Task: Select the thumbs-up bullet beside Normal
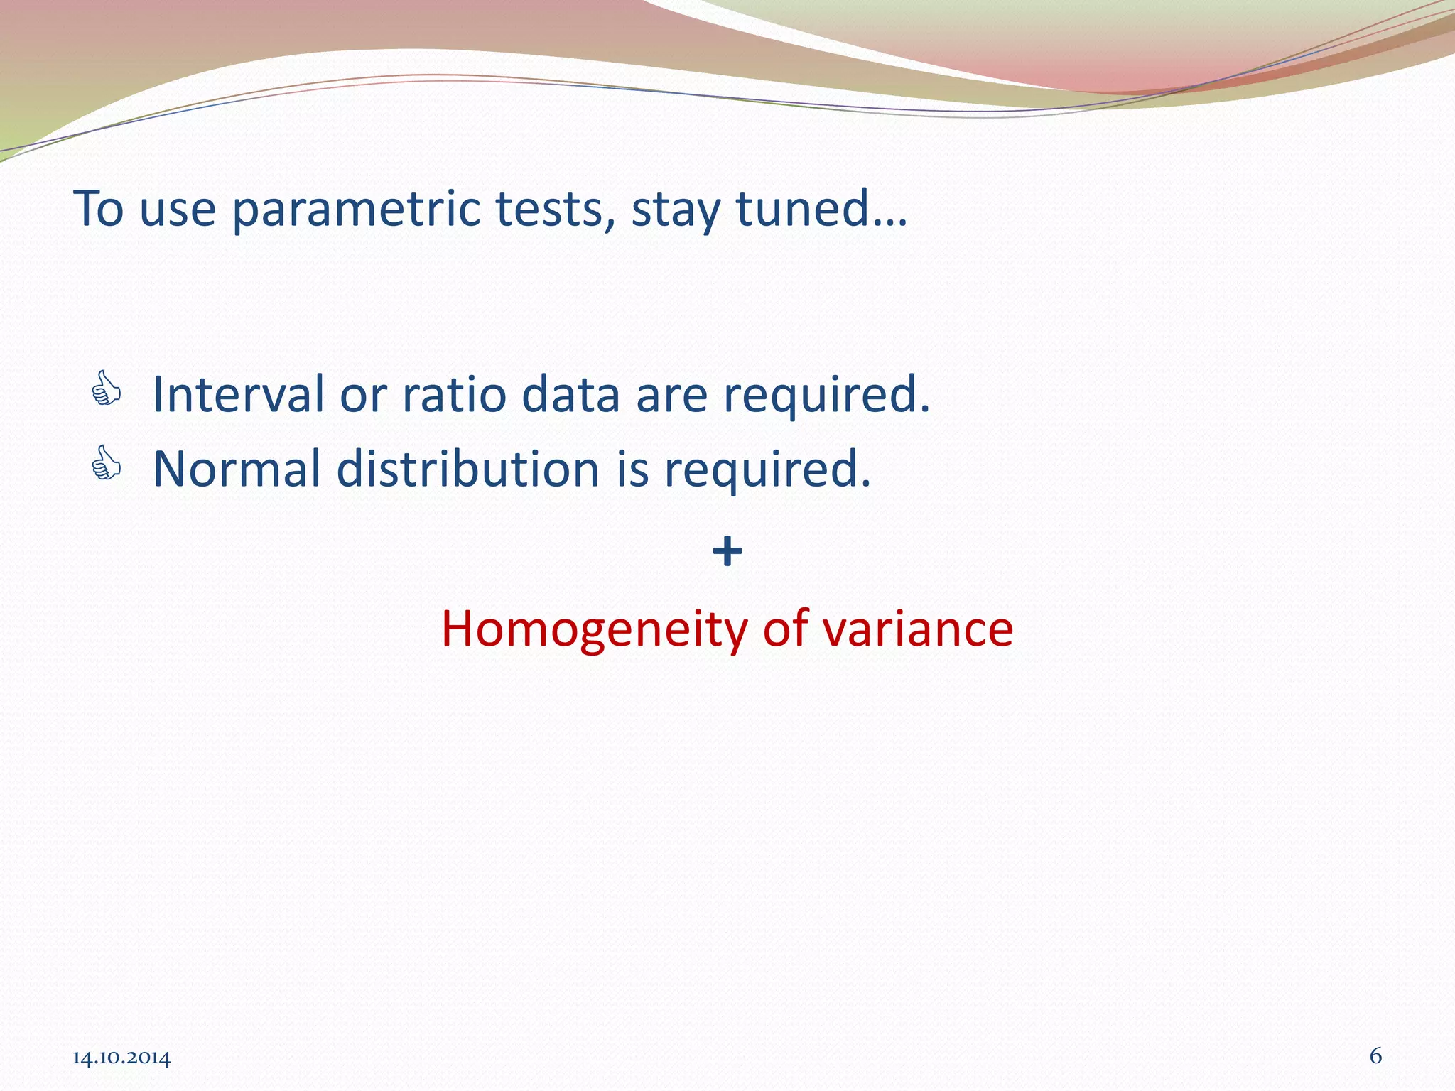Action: coord(106,463)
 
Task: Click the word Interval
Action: coord(238,394)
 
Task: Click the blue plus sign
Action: coord(727,552)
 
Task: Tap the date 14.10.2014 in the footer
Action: coord(121,1058)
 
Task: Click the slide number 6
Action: coord(1375,1056)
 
